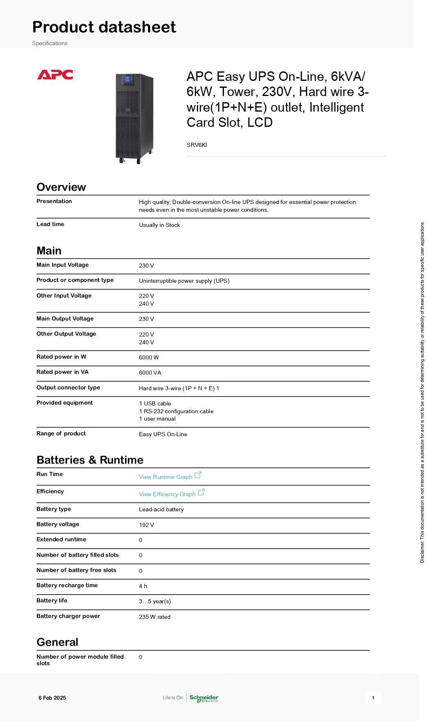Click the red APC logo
(x=55, y=75)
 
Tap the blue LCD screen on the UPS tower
(x=128, y=79)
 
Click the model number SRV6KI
(x=197, y=145)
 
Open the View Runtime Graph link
(x=166, y=477)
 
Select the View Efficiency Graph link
(x=167, y=494)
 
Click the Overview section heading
(x=61, y=187)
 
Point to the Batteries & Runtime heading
(x=90, y=460)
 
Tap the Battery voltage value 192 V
(x=146, y=525)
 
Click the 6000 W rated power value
(x=149, y=357)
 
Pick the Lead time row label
(x=50, y=224)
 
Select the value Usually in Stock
(x=160, y=225)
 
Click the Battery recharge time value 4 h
(x=143, y=586)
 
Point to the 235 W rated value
(x=155, y=617)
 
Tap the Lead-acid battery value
(x=161, y=509)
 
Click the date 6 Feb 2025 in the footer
(x=52, y=698)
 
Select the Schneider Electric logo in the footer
(x=204, y=698)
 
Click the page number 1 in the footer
(x=373, y=698)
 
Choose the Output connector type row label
(x=68, y=387)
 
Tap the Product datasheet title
(x=104, y=27)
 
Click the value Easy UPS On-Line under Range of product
(x=163, y=434)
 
